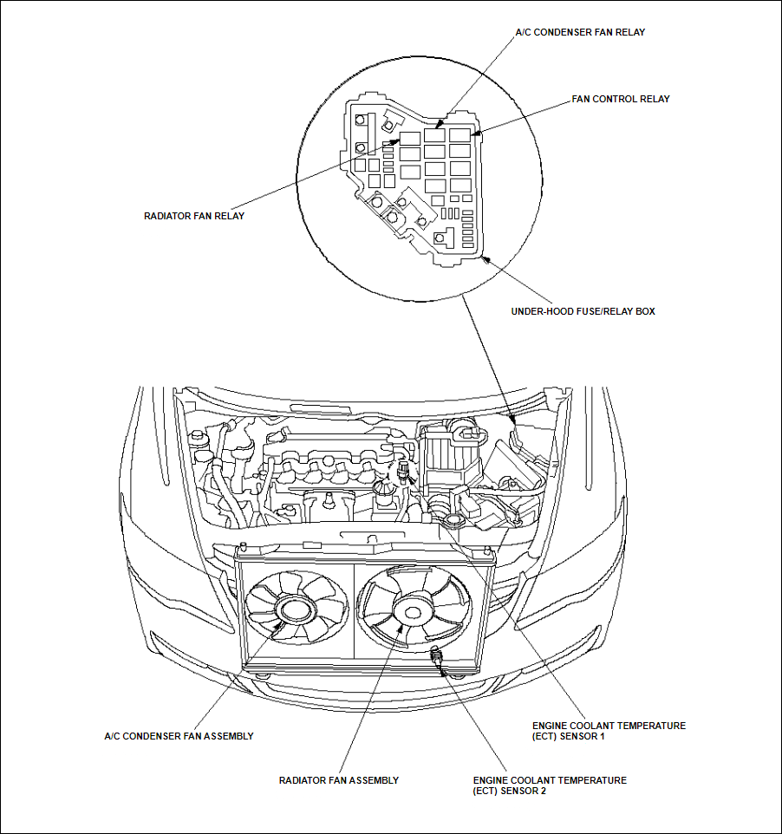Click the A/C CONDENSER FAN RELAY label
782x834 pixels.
point(580,32)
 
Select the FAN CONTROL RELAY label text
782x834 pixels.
point(620,99)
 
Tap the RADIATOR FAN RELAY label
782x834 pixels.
point(194,216)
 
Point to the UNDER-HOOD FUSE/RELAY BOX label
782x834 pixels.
point(583,310)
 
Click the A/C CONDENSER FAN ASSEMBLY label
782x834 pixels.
point(179,736)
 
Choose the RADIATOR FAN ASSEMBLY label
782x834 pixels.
point(338,780)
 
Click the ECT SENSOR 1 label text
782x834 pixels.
point(609,731)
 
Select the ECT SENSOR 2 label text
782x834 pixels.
point(549,785)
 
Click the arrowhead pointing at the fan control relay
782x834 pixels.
point(475,134)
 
